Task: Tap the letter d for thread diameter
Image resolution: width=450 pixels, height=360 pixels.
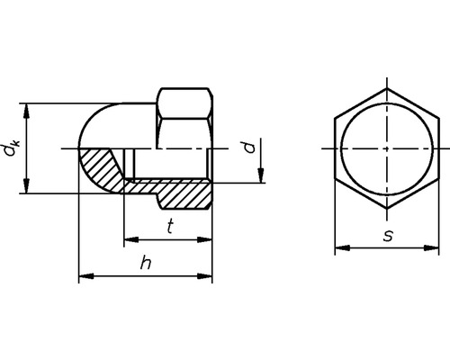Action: [252, 146]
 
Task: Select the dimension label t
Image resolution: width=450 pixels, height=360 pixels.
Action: [168, 228]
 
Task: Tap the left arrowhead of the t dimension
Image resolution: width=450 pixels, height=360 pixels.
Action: [128, 240]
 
